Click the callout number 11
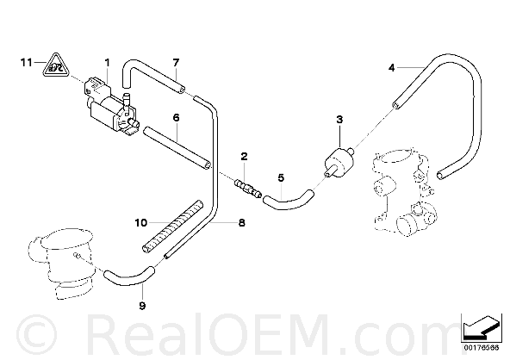27,62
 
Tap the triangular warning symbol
56,65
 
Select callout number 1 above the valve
107,62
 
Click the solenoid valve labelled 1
110,106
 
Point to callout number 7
176,62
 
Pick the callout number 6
176,117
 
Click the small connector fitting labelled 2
248,189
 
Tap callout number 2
245,157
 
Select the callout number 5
281,177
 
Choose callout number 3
339,120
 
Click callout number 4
392,68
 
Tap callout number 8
242,223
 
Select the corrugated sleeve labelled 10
172,227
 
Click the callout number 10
141,223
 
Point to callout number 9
142,306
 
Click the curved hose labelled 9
128,278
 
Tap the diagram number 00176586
481,348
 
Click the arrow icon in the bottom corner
481,327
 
